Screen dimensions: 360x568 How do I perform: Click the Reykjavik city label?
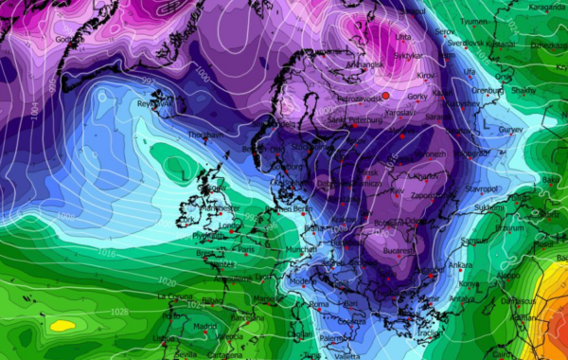coord(151,104)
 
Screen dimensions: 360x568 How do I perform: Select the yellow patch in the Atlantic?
coord(63,325)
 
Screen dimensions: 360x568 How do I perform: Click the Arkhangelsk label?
coord(361,63)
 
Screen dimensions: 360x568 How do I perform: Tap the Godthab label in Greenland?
coord(63,40)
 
